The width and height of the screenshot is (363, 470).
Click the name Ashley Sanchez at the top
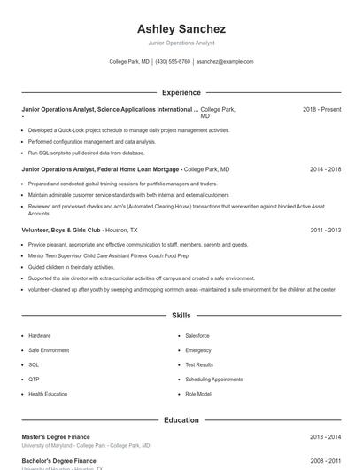pyautogui.click(x=181, y=28)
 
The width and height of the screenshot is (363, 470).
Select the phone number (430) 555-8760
pyautogui.click(x=174, y=62)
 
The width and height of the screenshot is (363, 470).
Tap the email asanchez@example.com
pyautogui.click(x=225, y=62)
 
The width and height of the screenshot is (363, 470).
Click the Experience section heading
pyautogui.click(x=181, y=92)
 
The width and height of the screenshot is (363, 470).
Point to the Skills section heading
pyautogui.click(x=181, y=315)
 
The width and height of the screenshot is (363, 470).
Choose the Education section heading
pyautogui.click(x=181, y=419)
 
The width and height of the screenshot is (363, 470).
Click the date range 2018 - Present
pyautogui.click(x=321, y=109)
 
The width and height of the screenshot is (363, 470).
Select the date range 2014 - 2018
pyautogui.click(x=325, y=168)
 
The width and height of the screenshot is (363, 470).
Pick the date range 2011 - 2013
pyautogui.click(x=325, y=230)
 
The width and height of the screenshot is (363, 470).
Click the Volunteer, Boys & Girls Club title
pyautogui.click(x=61, y=230)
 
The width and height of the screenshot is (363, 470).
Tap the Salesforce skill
pyautogui.click(x=197, y=336)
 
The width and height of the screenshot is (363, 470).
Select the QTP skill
pyautogui.click(x=34, y=379)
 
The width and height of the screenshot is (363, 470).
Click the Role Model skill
pyautogui.click(x=198, y=393)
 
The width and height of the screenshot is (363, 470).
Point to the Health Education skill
pyautogui.click(x=48, y=393)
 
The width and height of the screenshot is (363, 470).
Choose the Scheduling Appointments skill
pyautogui.click(x=213, y=379)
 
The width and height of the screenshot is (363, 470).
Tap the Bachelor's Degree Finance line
pyautogui.click(x=59, y=461)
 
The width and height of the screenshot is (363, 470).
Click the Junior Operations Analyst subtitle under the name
pyautogui.click(x=181, y=43)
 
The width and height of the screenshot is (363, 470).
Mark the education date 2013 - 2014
pyautogui.click(x=325, y=436)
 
